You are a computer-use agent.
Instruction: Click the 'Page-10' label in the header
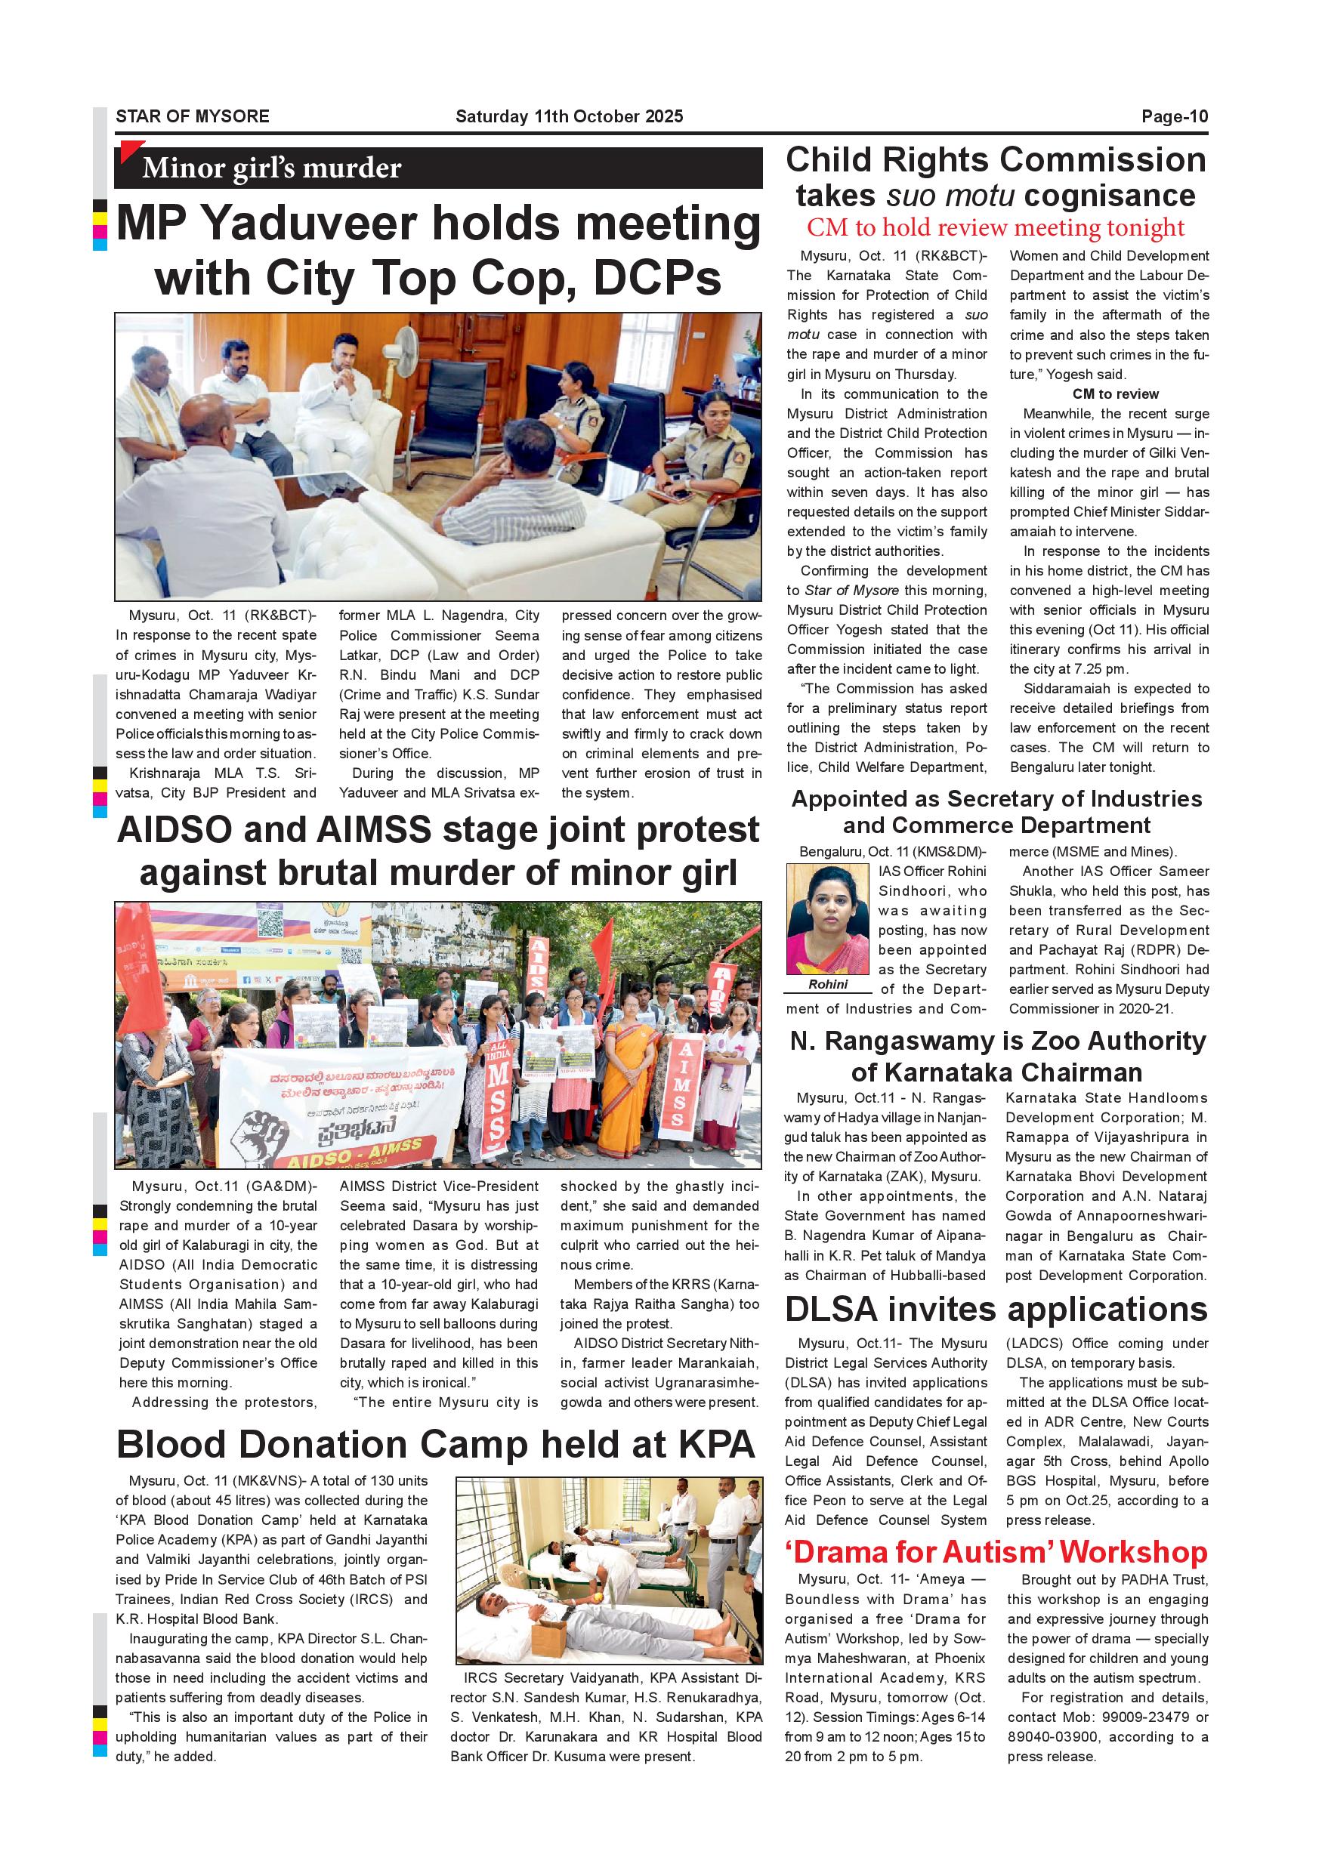[1174, 116]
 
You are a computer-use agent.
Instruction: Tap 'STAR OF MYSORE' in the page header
[193, 116]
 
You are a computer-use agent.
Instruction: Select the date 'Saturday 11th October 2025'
[569, 116]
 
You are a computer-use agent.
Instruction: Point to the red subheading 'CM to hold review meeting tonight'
[996, 227]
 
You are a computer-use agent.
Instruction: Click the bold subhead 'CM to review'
[1114, 394]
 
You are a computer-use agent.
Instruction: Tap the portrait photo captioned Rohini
[827, 918]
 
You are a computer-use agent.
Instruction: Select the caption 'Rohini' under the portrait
[828, 984]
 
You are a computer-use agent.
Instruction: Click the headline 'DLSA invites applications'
[996, 1310]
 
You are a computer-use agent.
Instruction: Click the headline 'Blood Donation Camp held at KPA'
[436, 1444]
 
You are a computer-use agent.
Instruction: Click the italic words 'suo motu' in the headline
[950, 196]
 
